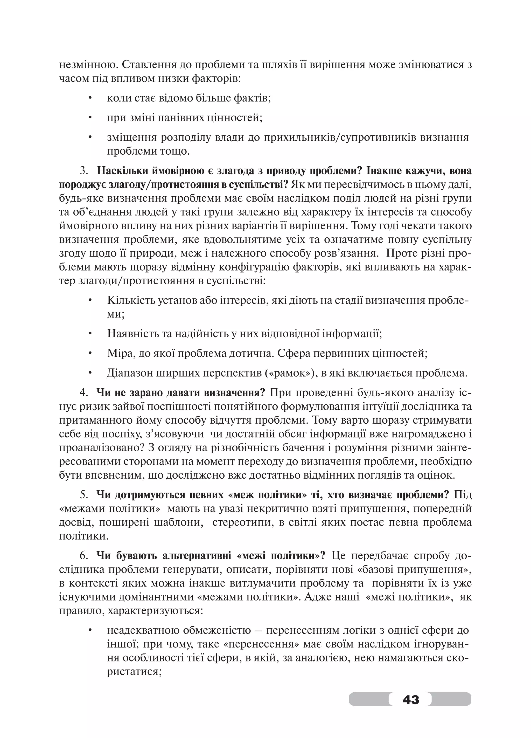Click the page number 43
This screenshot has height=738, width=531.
[410, 699]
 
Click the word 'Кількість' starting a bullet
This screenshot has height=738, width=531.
[130, 300]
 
